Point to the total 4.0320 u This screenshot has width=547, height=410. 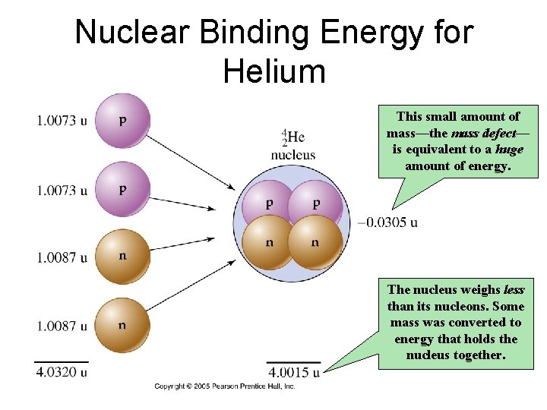click(x=61, y=373)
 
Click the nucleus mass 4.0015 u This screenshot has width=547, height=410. click(x=293, y=373)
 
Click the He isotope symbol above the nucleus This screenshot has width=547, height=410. click(x=293, y=137)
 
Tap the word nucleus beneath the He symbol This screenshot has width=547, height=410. click(x=293, y=155)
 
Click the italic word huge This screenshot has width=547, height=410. click(x=509, y=150)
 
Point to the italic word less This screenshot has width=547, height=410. click(x=513, y=289)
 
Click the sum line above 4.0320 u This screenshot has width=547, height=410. click(x=61, y=362)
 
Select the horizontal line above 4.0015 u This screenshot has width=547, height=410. click(x=293, y=362)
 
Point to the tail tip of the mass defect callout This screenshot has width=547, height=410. click(x=392, y=208)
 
